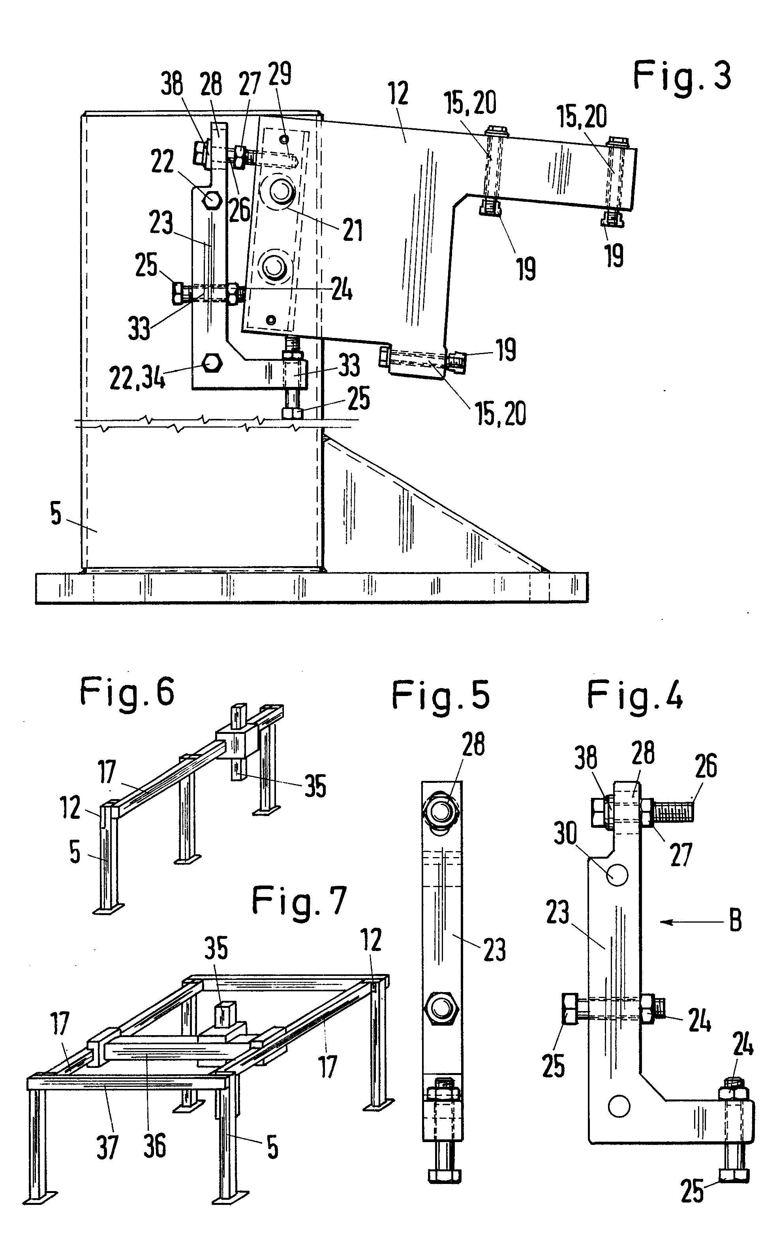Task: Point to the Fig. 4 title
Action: [x=635, y=696]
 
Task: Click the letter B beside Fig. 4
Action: [x=736, y=921]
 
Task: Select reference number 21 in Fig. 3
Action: [x=353, y=230]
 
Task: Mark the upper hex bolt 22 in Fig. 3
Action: [x=212, y=199]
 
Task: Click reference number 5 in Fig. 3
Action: [x=56, y=514]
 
